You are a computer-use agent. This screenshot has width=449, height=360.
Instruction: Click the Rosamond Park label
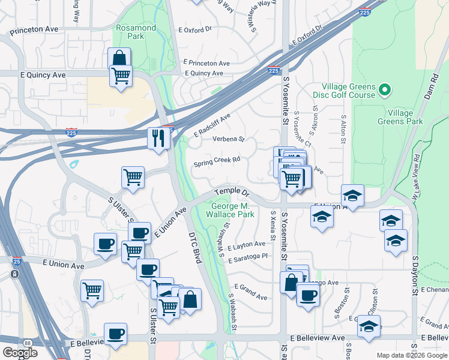pos(136,32)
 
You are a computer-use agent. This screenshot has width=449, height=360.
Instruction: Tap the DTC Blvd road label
pos(193,248)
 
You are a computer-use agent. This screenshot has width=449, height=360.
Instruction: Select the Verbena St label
pos(229,139)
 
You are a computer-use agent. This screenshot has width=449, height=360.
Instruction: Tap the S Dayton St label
pos(414,275)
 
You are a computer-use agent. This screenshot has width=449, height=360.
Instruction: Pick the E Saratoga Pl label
pos(247,256)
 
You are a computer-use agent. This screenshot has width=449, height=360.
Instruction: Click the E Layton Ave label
pos(246,244)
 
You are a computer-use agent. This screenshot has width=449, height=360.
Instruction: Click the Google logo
pos(20,353)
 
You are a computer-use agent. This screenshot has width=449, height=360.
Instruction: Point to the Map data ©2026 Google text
pos(411,355)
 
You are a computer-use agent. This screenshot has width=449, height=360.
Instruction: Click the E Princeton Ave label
pos(207,63)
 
